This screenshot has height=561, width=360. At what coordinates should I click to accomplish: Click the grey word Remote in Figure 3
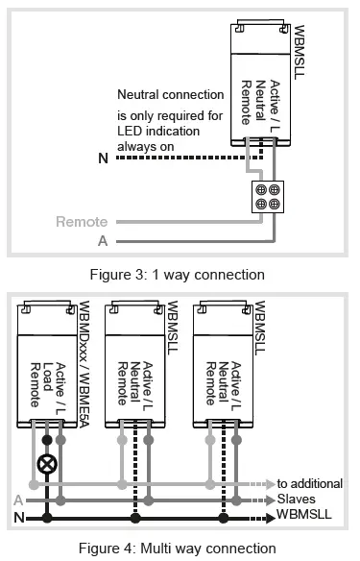tap(82, 222)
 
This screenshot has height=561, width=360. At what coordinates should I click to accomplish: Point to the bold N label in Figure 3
tap(103, 159)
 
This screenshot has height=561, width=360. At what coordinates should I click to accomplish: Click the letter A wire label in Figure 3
tap(103, 240)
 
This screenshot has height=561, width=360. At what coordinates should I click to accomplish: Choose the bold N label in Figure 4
tap(18, 518)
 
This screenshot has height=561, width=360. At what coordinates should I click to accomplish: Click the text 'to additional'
tap(309, 483)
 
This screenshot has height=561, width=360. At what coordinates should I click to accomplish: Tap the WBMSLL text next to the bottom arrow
tap(306, 517)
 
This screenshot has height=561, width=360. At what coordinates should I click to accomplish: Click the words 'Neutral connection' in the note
tap(170, 95)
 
